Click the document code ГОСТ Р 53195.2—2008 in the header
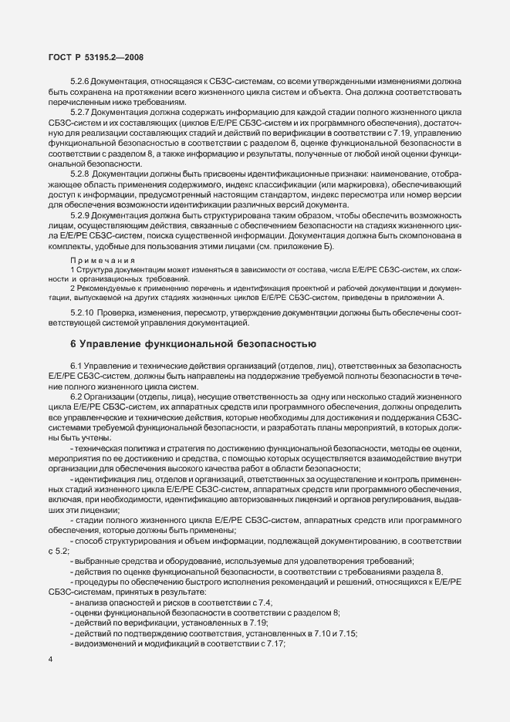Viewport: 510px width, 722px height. point(92,57)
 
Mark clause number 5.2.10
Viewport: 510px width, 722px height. point(83,312)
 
